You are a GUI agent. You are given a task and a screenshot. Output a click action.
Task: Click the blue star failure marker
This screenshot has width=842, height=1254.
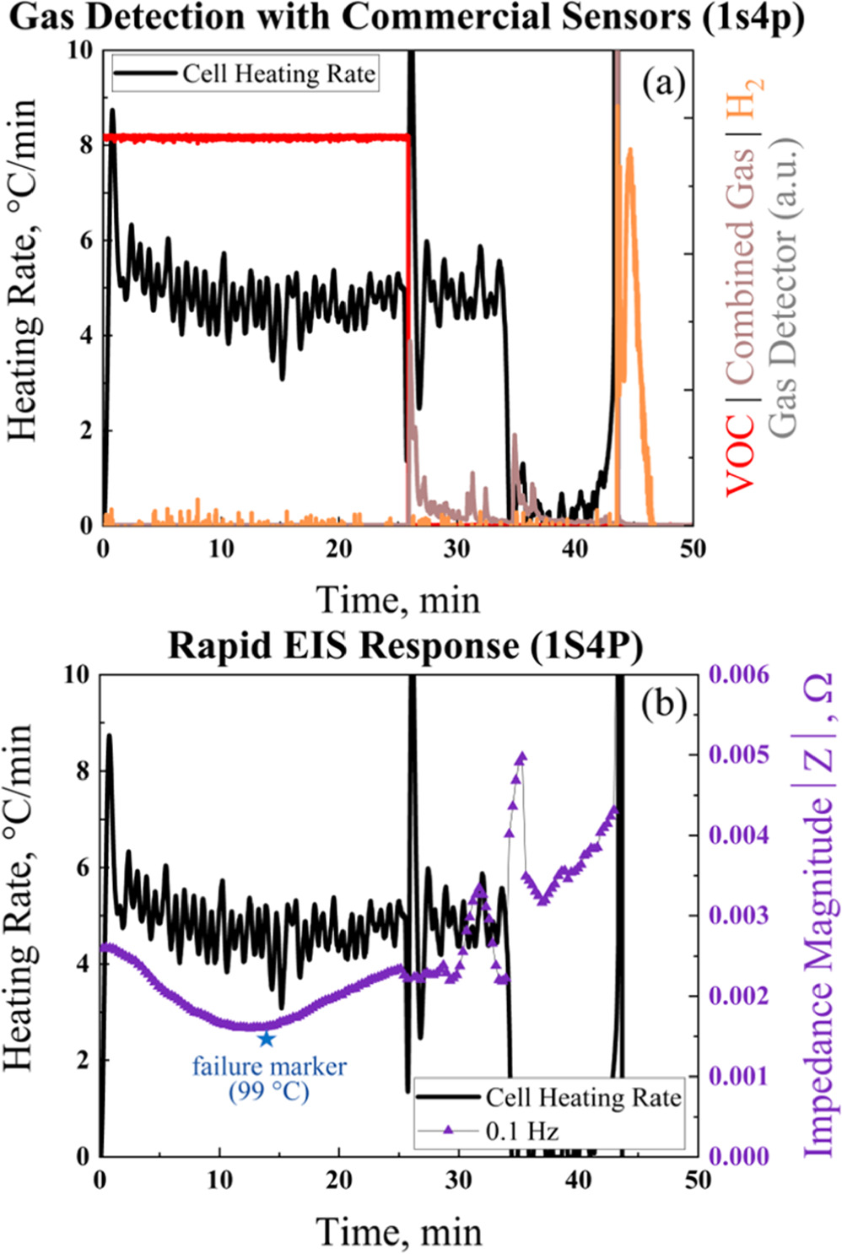point(267,1039)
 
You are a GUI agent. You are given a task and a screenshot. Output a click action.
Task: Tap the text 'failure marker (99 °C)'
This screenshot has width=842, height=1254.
point(269,1078)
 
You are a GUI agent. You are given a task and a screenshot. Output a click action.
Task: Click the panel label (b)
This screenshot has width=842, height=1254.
point(663,703)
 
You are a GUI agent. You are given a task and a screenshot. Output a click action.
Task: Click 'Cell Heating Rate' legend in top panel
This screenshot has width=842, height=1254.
point(278,74)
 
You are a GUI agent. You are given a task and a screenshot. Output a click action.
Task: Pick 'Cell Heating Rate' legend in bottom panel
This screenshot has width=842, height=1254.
point(582,1097)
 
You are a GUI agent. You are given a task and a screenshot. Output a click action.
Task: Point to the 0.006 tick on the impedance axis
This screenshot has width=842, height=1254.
point(739,674)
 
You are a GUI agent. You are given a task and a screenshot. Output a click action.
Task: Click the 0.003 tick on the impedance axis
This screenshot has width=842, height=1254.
point(739,916)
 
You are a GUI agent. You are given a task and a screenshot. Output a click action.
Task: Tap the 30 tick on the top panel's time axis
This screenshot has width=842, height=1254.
point(456,549)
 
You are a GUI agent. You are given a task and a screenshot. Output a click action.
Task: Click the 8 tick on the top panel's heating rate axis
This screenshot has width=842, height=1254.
point(85,145)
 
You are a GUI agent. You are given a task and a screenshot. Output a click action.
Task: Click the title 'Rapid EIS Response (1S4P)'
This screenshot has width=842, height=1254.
point(405,646)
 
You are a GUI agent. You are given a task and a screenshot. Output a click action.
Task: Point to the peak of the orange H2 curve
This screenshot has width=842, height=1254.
point(629,150)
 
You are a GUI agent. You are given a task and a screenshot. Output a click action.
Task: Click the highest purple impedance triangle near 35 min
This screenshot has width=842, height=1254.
point(521,757)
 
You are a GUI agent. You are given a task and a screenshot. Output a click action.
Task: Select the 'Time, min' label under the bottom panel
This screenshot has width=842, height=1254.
point(399,1231)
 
